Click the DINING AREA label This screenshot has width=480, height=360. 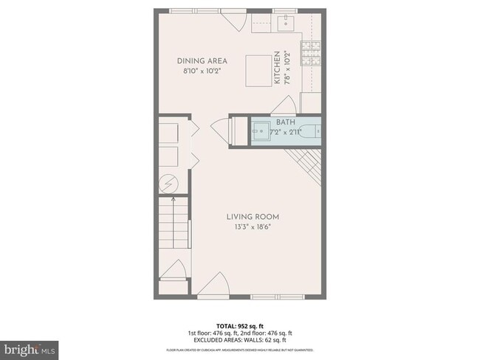tap(202, 60)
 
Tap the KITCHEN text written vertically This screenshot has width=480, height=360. tap(278, 67)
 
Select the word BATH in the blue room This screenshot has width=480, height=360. tap(285, 122)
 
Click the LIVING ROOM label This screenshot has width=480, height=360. tap(253, 216)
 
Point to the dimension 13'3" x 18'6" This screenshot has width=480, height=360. tap(253, 226)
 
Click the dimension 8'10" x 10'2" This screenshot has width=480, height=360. tap(202, 71)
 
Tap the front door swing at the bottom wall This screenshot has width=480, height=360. tap(217, 283)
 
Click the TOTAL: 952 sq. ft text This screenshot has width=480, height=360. tap(240, 325)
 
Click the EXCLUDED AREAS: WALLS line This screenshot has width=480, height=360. tap(240, 339)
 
